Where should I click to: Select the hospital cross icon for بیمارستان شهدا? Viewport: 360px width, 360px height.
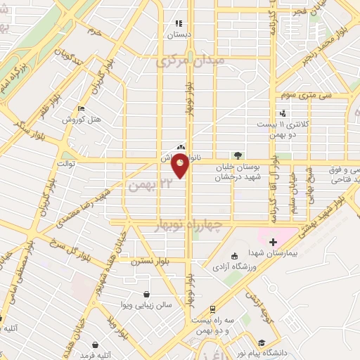(274, 242)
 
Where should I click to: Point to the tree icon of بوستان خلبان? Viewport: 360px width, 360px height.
(237, 155)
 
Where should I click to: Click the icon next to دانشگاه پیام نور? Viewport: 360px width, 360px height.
(320, 343)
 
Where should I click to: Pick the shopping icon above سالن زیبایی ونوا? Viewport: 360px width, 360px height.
(146, 294)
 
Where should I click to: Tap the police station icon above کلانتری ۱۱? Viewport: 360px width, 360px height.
(283, 113)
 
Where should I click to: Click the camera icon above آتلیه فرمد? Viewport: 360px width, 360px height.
(95, 345)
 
